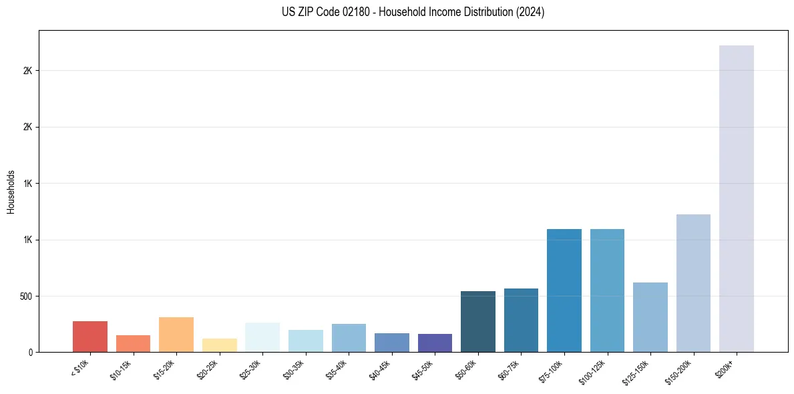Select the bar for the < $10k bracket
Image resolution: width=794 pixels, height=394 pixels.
90,337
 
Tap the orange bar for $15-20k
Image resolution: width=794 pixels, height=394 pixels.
176,335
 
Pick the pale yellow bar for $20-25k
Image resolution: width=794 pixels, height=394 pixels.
220,345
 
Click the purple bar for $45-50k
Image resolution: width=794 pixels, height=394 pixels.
435,343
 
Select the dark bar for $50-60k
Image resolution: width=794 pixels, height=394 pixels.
478,322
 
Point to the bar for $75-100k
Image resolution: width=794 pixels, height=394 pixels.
564,290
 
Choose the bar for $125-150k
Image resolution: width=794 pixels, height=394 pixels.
650,317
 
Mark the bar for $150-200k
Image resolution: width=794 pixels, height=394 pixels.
693,283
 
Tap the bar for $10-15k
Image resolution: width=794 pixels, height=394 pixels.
133,344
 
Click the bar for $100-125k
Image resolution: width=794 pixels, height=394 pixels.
607,290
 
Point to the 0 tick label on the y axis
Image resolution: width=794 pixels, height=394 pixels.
29,352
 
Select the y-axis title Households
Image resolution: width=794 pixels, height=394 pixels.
11,191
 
